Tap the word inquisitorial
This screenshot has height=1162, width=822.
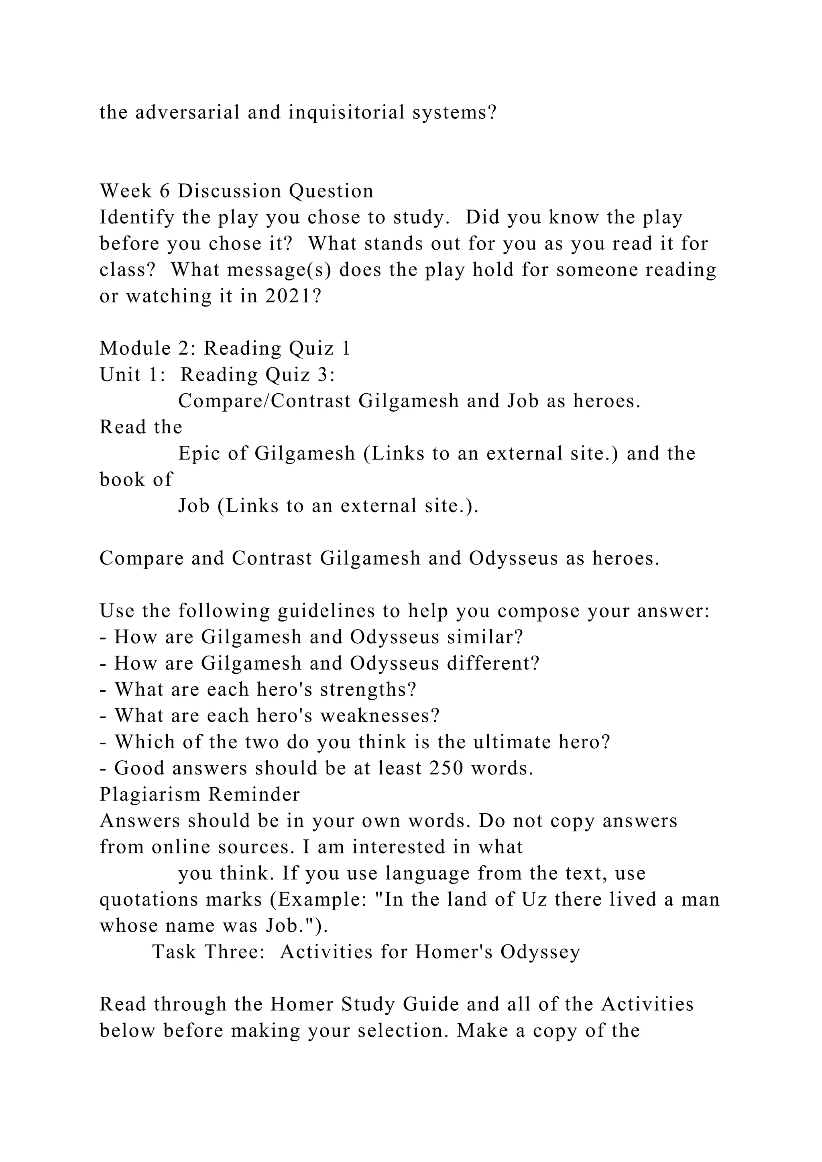tap(347, 112)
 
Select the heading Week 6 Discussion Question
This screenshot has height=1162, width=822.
tap(236, 191)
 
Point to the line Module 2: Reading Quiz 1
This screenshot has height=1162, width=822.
tap(225, 348)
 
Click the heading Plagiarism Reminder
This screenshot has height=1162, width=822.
tap(200, 794)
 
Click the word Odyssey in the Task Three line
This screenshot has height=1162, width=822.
tap(540, 953)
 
